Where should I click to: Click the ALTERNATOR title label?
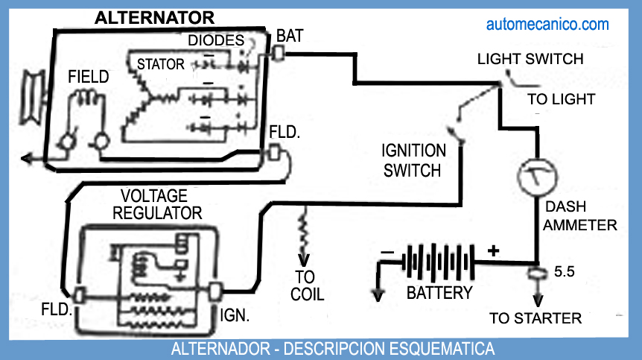pos(154,18)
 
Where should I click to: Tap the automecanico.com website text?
pos(547,25)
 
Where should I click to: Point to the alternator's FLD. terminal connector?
pos(274,152)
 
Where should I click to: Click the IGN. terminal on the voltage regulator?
pos(217,291)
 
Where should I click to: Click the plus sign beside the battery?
pos(492,250)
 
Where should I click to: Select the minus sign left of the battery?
pos(387,253)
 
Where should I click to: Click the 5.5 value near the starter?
pos(565,273)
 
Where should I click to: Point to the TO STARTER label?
pos(535,319)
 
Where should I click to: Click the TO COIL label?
pos(308,286)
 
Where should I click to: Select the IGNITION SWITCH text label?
pos(414,160)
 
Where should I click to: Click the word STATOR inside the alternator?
pos(160,65)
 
